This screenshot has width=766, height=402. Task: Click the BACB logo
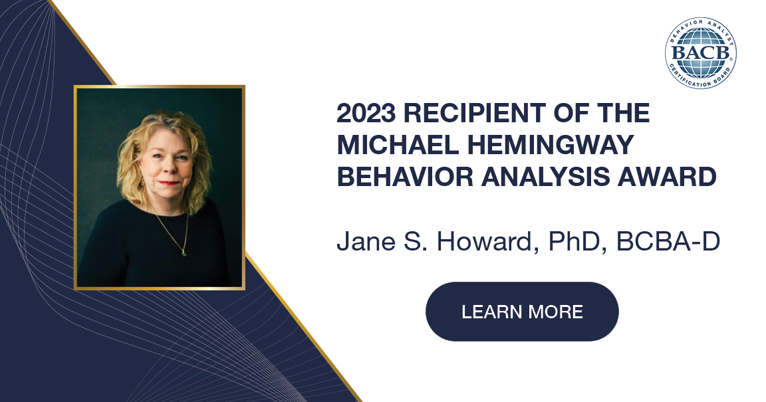point(700,52)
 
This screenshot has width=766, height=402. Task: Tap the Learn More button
point(522,312)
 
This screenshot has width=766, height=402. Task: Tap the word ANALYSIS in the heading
point(555,177)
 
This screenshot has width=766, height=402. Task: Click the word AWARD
point(675,177)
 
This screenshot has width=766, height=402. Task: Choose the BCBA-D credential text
point(668,242)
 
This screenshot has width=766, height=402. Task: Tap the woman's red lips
point(170,183)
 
